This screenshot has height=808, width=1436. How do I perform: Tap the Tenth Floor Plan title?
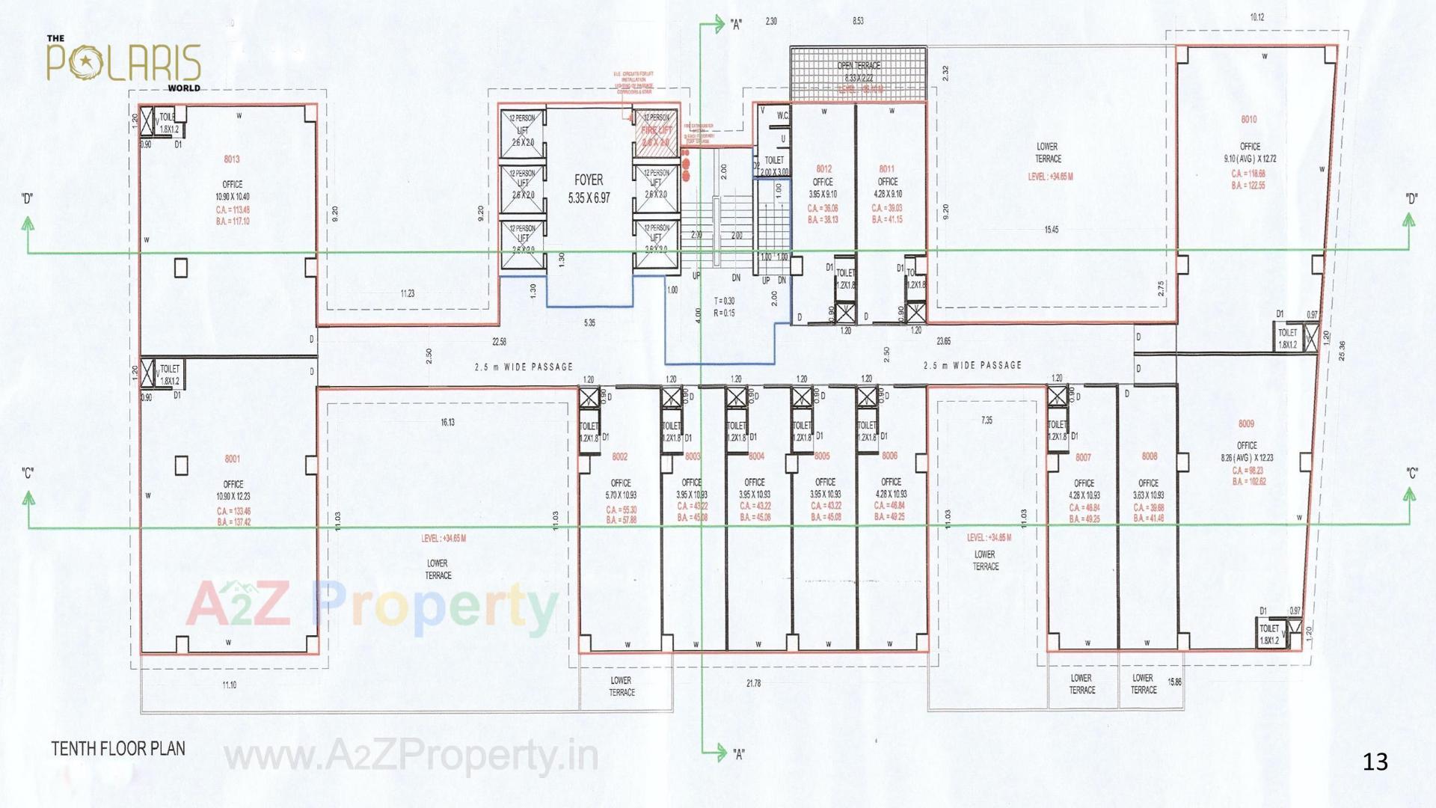coord(118,749)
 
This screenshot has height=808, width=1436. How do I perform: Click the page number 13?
coord(1375,762)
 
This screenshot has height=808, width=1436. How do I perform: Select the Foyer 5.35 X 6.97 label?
coord(589,189)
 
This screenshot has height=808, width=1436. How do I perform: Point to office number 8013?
coord(232,159)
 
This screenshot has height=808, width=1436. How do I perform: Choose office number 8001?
coord(233,459)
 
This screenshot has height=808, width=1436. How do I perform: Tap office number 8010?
coord(1249,120)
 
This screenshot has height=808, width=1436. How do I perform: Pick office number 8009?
coord(1246,424)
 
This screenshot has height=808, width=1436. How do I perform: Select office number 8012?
coord(823,169)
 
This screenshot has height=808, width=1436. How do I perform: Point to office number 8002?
coord(619,456)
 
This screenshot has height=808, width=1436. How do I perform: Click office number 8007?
coord(1083,457)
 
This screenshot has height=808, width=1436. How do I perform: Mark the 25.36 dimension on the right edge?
coord(1341,351)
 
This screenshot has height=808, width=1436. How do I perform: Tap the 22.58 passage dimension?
coord(499,342)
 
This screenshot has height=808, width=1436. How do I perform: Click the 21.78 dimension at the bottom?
coord(753,683)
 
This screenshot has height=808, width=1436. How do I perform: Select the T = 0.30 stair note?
coord(724,301)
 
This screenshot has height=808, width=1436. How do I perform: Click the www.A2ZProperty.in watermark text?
coord(411,756)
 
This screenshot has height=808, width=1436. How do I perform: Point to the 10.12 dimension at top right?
coord(1256,17)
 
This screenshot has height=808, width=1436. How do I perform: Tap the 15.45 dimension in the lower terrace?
coord(1051,230)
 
